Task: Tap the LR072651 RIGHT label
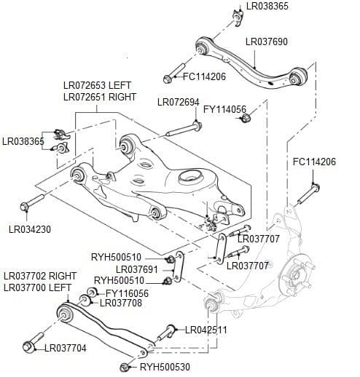tap(100, 97)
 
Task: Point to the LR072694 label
tap(178, 102)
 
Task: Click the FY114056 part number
tap(225, 110)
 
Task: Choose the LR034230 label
tap(31, 229)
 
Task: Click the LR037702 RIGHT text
tap(40, 277)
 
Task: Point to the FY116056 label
tap(127, 293)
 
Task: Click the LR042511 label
tap(206, 330)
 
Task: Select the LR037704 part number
tap(66, 349)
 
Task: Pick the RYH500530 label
tap(165, 368)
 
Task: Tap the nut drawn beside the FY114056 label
tap(246, 118)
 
